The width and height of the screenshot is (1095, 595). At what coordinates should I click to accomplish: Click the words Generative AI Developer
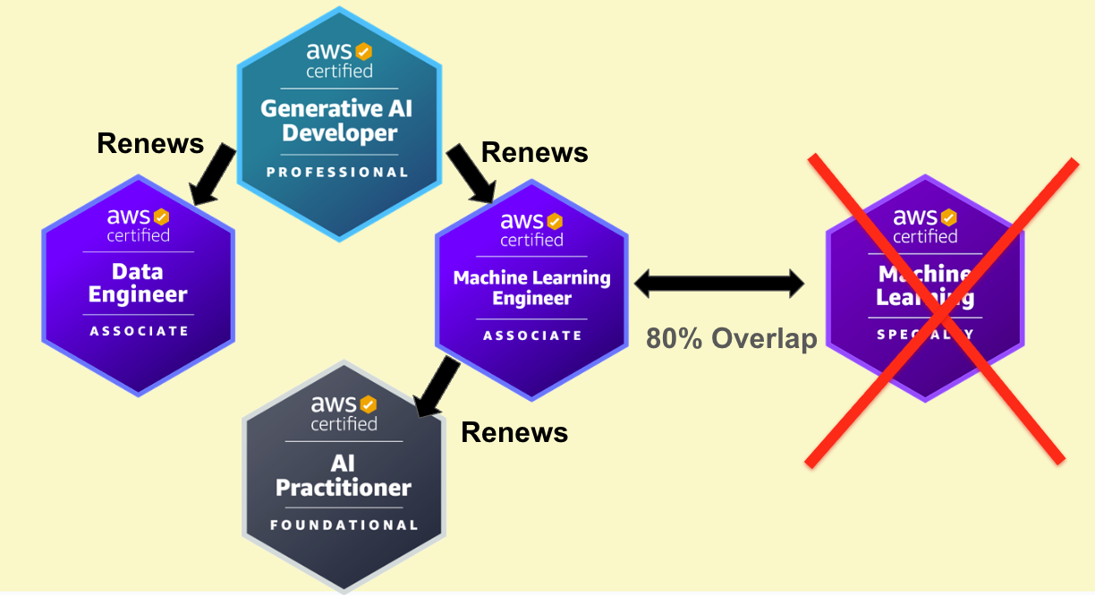pos(338,121)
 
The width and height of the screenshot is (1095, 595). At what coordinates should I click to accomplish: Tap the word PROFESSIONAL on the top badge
pos(338,172)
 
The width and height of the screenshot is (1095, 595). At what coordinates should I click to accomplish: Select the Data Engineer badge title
pos(138,283)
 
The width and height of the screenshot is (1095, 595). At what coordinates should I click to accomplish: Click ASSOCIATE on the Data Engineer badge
pos(139,331)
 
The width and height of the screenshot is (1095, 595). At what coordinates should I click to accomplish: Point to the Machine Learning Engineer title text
pos(531,288)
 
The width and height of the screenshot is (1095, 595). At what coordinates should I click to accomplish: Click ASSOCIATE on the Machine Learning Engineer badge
pos(532,336)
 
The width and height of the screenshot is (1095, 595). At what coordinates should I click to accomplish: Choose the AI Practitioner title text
pos(344,475)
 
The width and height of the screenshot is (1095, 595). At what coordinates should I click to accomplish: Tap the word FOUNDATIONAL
pos(344,525)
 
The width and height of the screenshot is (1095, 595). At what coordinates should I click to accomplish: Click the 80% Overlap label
pos(732,338)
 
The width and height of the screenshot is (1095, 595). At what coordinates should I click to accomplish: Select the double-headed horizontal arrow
pos(719,285)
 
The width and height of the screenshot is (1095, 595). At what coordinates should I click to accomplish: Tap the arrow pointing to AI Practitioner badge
pos(437,386)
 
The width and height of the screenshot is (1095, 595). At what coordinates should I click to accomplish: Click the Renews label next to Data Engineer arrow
pos(150,143)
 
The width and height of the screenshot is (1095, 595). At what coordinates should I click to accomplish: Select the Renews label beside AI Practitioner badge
pos(514,433)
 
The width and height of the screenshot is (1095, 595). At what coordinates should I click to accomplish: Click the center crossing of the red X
pos(936,310)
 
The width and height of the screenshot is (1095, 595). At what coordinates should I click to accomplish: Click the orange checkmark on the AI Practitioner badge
pos(368,405)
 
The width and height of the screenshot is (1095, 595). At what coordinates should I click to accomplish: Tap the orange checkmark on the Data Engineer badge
pos(161,217)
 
